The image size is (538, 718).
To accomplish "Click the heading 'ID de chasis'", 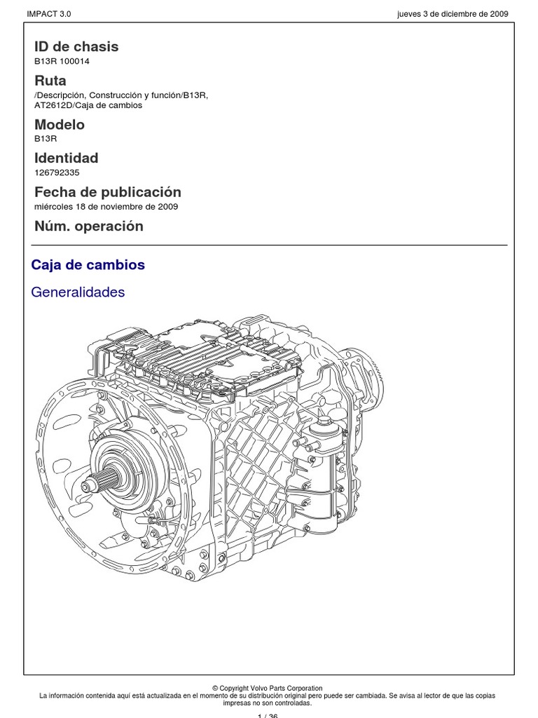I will point(76,47).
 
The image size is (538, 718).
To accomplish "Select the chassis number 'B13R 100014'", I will point(62,62).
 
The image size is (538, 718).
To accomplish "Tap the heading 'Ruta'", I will point(50,81).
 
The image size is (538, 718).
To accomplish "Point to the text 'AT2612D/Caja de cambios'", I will point(88,106).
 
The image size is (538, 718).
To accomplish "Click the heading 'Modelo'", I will point(60,125).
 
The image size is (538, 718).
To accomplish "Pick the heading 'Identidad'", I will point(67,158).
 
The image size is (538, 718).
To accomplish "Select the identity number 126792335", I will point(57,172).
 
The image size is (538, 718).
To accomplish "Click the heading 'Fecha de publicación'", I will point(108,192).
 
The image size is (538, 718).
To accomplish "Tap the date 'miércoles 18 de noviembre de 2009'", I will point(106,207).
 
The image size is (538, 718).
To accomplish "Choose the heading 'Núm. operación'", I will point(89,226).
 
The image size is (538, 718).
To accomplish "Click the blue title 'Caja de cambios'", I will point(88,265).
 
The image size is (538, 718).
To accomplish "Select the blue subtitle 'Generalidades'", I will point(78,292).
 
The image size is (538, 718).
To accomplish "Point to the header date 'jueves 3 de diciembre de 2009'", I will point(452,14).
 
